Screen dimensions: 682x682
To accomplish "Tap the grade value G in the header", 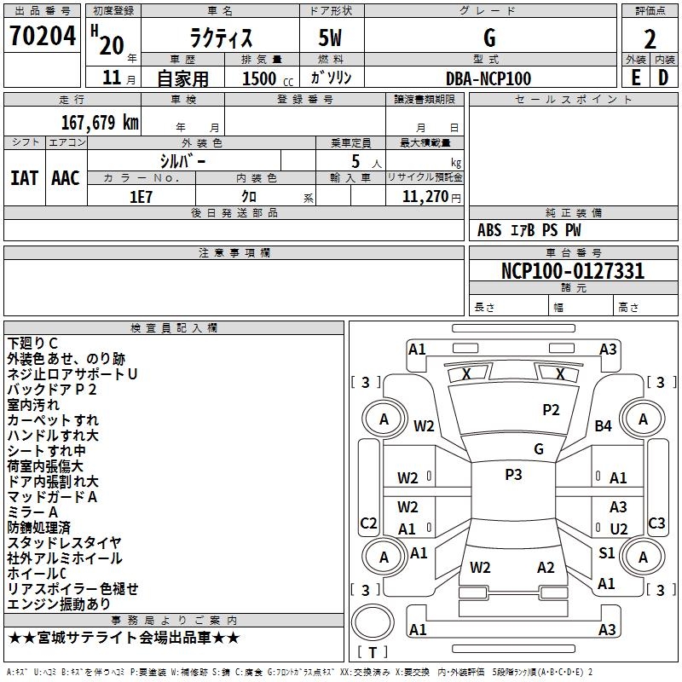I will tap(488, 38).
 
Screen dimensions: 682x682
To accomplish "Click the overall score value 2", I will tap(650, 38).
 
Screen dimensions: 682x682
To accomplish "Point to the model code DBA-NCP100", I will tap(488, 78).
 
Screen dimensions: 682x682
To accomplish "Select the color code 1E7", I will tap(142, 195).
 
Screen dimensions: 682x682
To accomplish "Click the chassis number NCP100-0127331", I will tap(573, 271).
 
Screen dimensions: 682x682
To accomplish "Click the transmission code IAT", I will tap(24, 177).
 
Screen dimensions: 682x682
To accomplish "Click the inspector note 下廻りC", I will tap(33, 344).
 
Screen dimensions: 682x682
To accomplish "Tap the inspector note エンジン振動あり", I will tap(59, 604).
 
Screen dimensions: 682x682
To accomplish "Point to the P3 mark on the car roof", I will tap(513, 475).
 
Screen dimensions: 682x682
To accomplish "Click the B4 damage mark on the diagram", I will tap(604, 425).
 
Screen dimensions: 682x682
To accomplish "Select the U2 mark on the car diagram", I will tap(618, 529).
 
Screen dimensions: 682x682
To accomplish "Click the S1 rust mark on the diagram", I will tap(606, 553).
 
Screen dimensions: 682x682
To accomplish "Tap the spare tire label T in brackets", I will tap(373, 653).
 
